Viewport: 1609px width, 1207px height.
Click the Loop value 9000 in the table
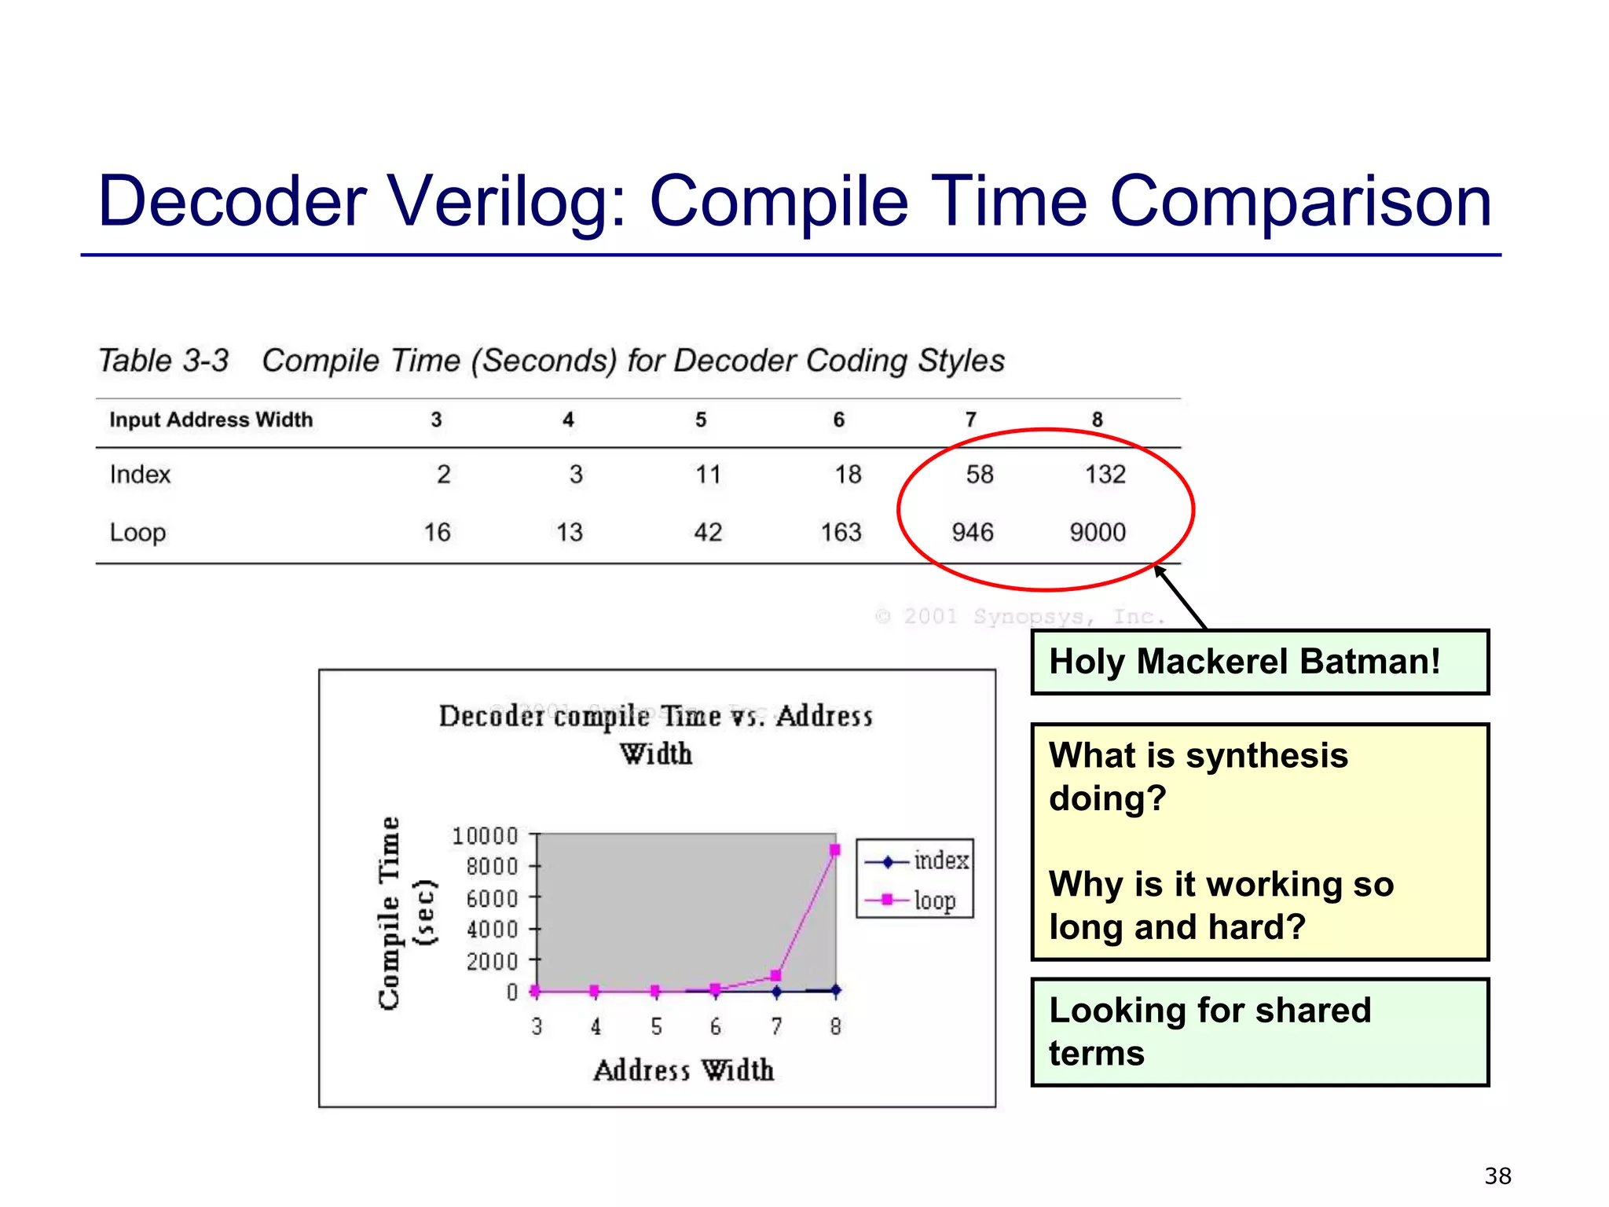tap(1097, 533)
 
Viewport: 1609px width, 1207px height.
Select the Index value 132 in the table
tap(1105, 475)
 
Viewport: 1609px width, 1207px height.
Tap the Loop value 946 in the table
tap(972, 533)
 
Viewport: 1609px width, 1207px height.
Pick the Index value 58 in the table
tap(979, 475)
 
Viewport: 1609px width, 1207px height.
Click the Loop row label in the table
tap(137, 533)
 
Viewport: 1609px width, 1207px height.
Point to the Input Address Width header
tap(211, 420)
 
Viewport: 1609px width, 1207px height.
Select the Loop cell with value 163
tap(841, 533)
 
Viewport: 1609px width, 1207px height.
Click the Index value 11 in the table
tap(708, 475)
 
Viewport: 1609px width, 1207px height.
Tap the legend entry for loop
tap(933, 900)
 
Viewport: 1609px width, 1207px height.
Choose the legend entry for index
tap(940, 861)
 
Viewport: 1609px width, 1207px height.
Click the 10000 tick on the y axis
tap(485, 835)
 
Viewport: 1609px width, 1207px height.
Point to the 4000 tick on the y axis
tap(492, 930)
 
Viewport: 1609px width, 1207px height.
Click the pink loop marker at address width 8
tap(835, 850)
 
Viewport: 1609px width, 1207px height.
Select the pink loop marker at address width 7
tap(775, 976)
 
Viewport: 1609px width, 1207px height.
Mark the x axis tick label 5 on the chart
tap(656, 1026)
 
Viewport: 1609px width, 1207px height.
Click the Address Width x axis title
tap(684, 1070)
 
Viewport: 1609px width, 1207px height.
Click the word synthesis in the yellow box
tap(1266, 755)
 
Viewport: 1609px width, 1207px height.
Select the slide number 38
tap(1497, 1176)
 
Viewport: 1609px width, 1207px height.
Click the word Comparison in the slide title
tap(1299, 202)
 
